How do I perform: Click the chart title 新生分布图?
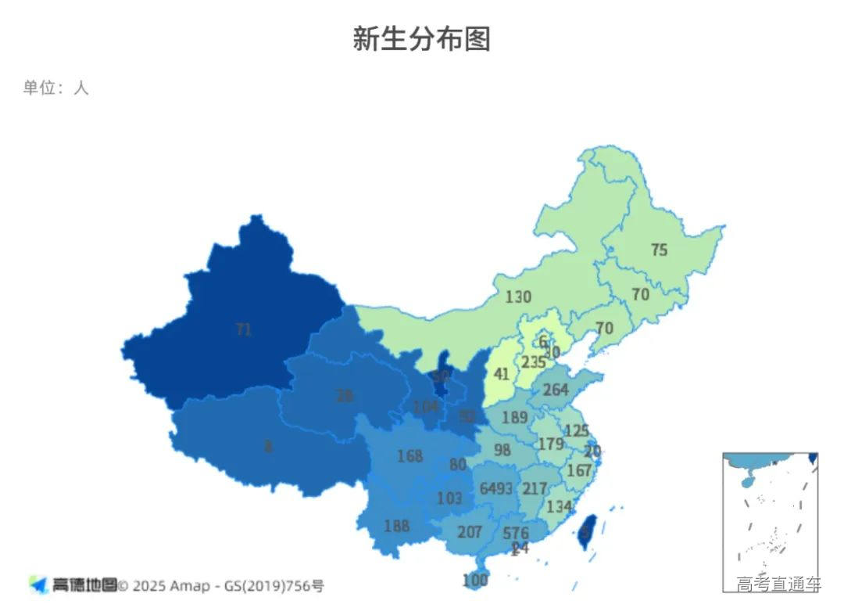coord(421,38)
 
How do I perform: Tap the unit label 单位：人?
coord(55,88)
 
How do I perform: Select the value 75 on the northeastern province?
coord(659,250)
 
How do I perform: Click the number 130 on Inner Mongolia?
coord(517,297)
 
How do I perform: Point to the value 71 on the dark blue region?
coord(244,329)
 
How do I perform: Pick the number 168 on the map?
coord(409,455)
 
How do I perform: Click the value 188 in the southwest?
coord(396,526)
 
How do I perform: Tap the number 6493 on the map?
coord(496,488)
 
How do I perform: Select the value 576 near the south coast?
coord(516,533)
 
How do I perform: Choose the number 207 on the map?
coord(469,532)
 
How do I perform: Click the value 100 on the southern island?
coord(474,580)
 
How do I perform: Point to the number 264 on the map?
coord(555,390)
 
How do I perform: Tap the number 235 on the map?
coord(534,362)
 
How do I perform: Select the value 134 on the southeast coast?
coord(560,506)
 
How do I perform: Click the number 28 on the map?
coord(344,396)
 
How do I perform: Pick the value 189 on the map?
coord(514,418)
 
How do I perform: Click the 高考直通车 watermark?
coord(778,583)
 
